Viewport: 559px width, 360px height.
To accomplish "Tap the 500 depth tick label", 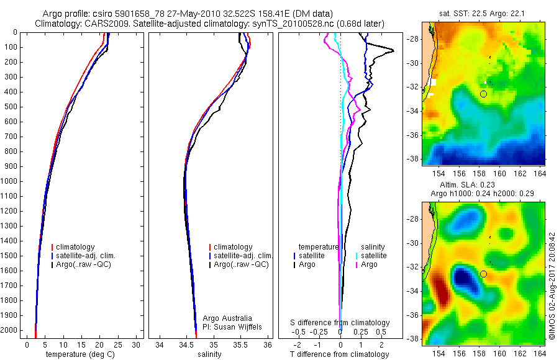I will coord(11,107).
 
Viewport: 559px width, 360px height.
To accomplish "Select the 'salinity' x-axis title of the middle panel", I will coord(210,354).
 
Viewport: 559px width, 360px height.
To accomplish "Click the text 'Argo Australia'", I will coord(228,318).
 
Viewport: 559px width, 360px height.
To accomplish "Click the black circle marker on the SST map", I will coord(483,94).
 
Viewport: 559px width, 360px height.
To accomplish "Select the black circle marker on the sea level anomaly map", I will coord(483,274).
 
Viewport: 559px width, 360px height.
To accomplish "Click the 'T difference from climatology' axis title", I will coord(340,354).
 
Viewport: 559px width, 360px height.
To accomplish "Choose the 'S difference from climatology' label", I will coord(340,323).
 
